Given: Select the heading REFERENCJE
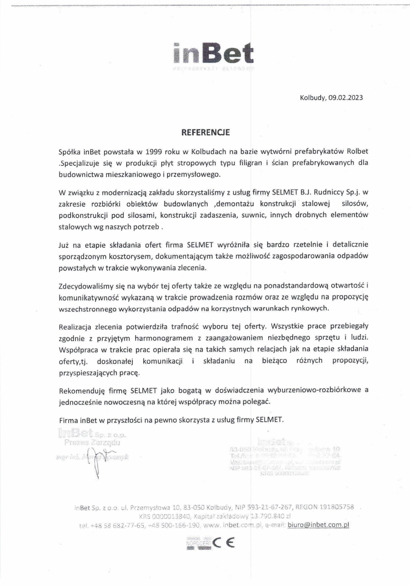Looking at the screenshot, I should (x=205, y=133).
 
